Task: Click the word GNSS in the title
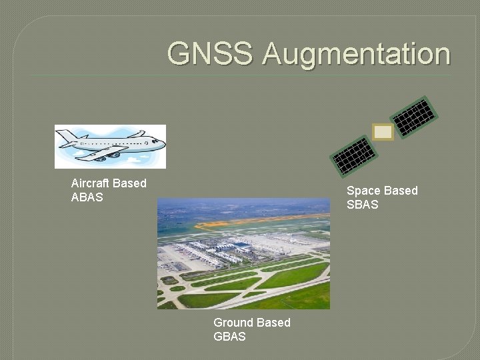(x=211, y=53)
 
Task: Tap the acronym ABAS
(x=87, y=197)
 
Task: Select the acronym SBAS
(x=363, y=205)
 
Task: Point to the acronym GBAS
(x=229, y=337)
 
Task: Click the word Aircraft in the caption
(x=91, y=183)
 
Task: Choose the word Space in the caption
(x=364, y=191)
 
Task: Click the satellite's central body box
(x=383, y=133)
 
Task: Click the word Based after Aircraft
(x=130, y=183)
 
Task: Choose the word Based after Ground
(x=273, y=323)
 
